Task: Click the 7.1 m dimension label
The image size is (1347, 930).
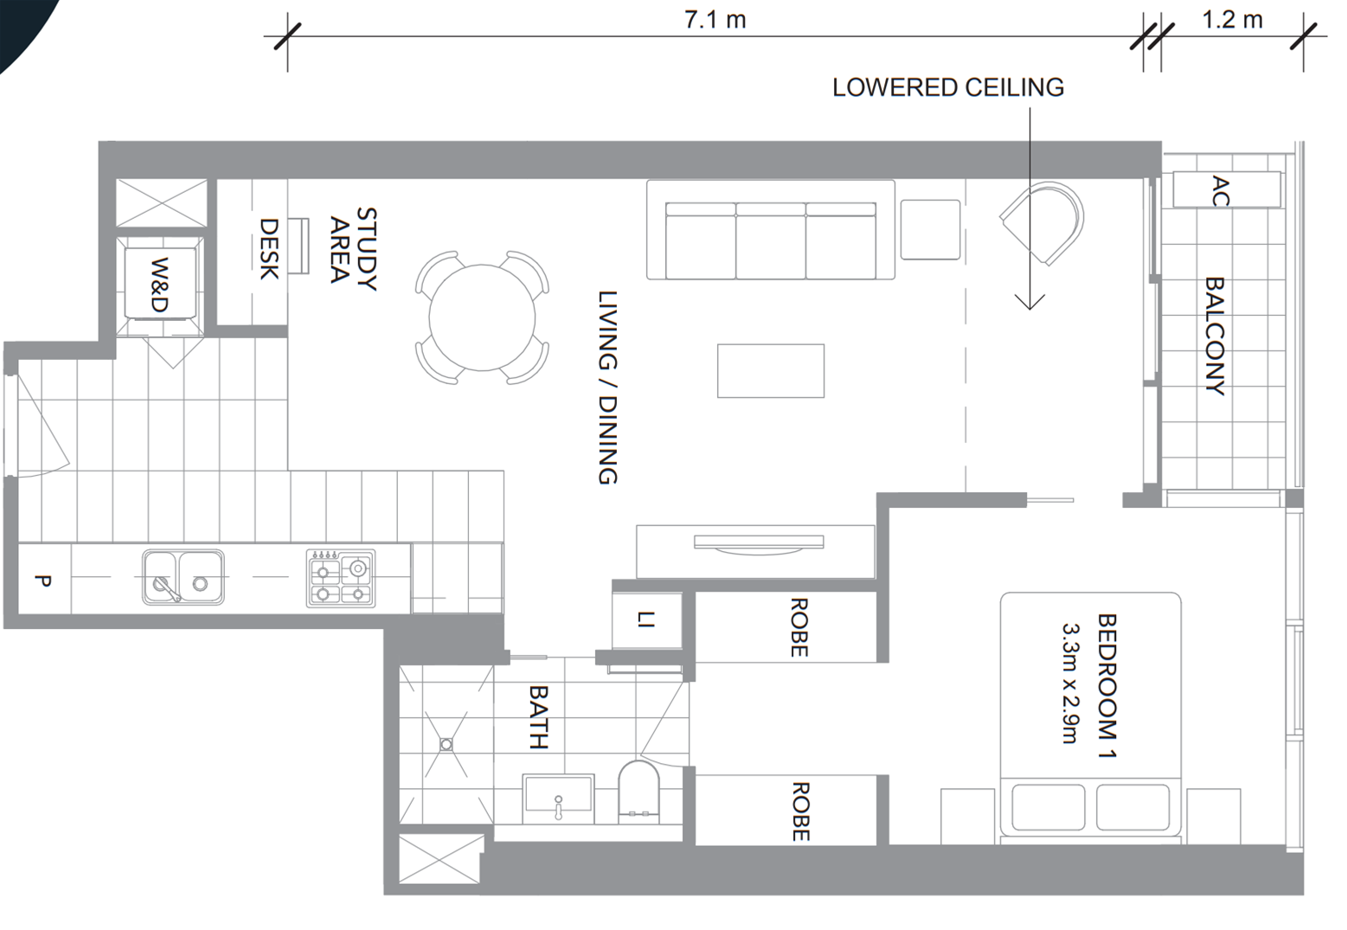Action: tap(715, 19)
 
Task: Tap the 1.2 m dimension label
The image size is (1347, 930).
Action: tap(1231, 19)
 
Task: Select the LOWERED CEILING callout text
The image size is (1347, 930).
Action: tap(947, 87)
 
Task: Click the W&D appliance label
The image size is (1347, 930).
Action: tap(159, 285)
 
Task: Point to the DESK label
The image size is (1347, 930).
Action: tap(269, 249)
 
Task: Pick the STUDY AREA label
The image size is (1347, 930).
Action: tap(353, 248)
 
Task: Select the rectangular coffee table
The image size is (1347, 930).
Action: tap(770, 371)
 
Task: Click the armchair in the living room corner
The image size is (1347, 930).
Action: tap(1043, 223)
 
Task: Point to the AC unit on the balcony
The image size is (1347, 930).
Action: tap(1225, 190)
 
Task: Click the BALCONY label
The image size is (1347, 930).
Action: tap(1215, 336)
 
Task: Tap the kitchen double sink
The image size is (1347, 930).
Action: tap(183, 577)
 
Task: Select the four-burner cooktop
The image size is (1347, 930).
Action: tap(341, 578)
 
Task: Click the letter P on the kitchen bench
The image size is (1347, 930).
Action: tap(42, 580)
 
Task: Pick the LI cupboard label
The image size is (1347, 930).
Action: tap(645, 619)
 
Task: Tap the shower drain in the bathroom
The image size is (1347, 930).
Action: tap(446, 744)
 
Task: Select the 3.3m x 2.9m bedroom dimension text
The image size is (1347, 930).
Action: tap(1069, 683)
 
